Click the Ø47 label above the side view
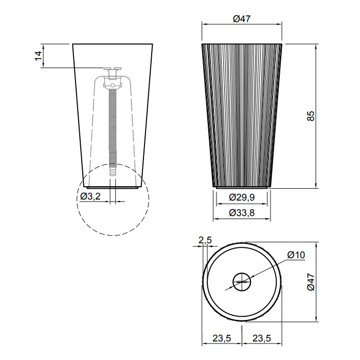242,19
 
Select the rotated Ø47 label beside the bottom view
311,282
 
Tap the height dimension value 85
311,116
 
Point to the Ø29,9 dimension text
242,197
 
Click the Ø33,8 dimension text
242,213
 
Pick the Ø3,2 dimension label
91,196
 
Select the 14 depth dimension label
39,56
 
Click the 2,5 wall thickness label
205,240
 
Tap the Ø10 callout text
296,255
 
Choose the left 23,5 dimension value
222,338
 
